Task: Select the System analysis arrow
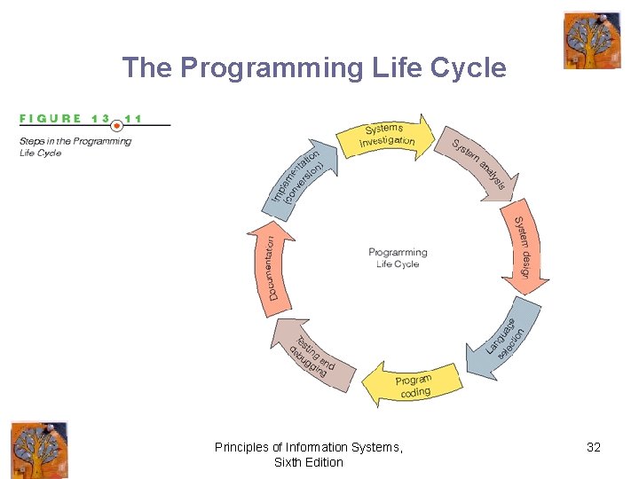click(479, 164)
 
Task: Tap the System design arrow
click(526, 246)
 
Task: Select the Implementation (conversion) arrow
click(300, 177)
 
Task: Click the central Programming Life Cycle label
click(398, 258)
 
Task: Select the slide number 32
click(594, 448)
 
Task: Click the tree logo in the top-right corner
click(592, 40)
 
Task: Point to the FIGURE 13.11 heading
click(81, 118)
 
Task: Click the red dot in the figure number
click(116, 125)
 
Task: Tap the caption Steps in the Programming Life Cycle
click(75, 146)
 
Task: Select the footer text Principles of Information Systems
click(309, 448)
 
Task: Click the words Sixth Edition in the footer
click(309, 462)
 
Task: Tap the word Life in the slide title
click(398, 67)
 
